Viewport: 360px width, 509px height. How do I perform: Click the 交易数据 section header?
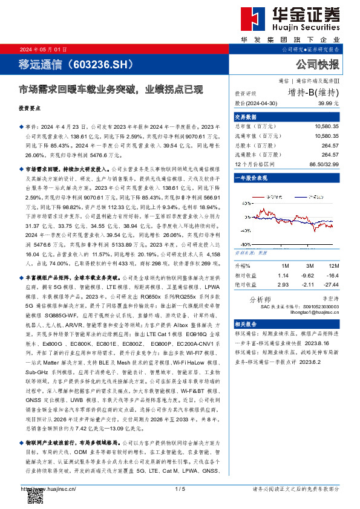tap(246, 117)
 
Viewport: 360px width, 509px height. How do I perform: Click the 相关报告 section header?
tap(246, 324)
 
